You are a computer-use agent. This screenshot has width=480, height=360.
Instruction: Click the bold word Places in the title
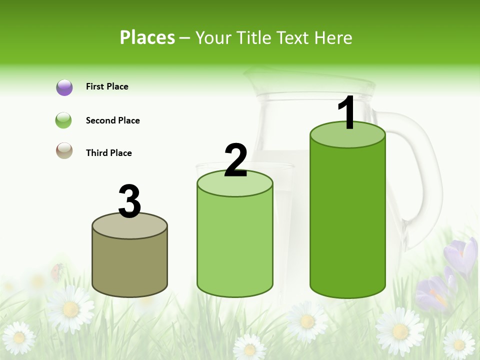[147, 37]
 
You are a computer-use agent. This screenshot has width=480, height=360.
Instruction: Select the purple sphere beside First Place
[64, 87]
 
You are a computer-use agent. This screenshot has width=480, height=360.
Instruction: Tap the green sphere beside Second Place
[63, 120]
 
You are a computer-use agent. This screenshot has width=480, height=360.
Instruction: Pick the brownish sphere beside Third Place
[64, 150]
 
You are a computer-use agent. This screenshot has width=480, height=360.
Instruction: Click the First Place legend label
[107, 86]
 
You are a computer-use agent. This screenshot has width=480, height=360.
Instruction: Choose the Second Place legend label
[112, 120]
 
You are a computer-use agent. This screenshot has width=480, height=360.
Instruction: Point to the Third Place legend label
[108, 153]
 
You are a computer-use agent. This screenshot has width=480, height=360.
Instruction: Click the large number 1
[346, 113]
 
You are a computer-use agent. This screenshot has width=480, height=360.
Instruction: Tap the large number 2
[235, 160]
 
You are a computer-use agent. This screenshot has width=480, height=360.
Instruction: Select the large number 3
[130, 201]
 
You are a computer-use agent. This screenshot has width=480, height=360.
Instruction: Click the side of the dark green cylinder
[347, 220]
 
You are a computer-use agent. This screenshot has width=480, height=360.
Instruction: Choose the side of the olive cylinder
[130, 265]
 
